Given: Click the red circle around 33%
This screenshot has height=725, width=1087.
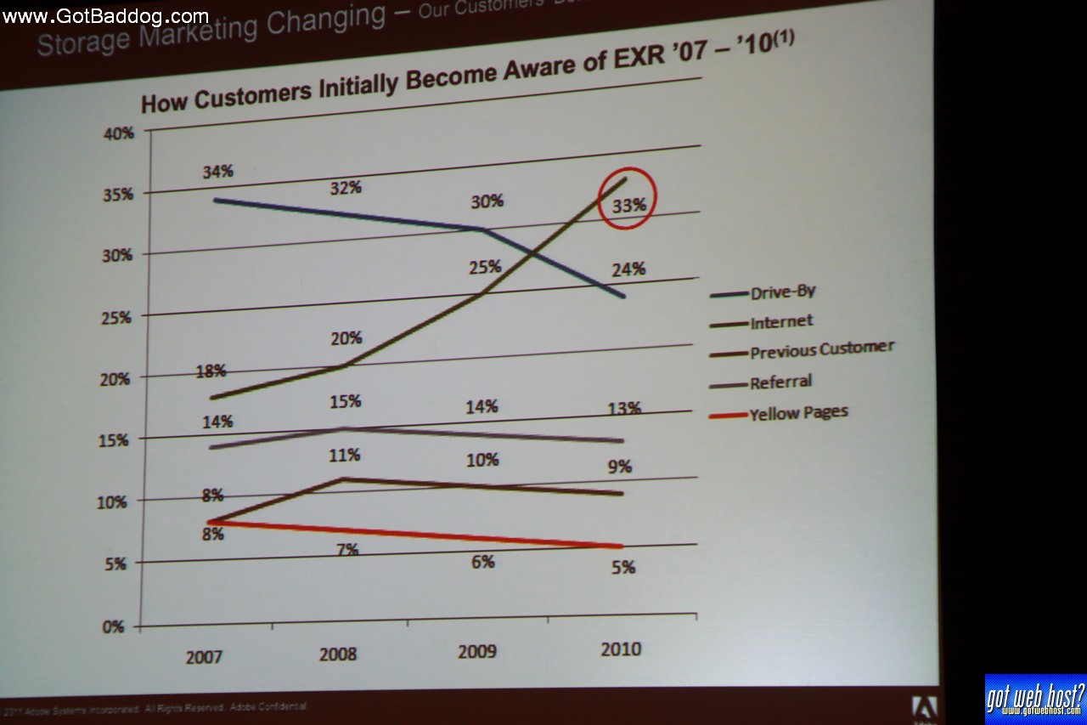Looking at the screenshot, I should point(628,198).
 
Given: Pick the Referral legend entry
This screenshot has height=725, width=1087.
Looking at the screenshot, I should point(780,382).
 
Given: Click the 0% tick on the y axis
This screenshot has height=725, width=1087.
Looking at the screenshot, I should point(114,627).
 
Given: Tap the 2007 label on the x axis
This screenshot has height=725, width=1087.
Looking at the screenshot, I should point(204,657).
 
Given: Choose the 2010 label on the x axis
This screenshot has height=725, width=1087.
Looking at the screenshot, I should point(621,650).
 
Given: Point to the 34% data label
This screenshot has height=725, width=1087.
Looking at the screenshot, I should point(217,172).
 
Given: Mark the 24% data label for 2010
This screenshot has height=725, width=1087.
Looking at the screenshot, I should point(628,269).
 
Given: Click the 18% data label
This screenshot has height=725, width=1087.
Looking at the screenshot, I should point(210,371).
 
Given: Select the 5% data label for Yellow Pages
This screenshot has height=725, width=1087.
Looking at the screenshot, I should point(622,567).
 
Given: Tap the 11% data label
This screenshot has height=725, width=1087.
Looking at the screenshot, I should point(346,456).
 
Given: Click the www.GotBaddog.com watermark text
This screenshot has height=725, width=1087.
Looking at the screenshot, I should point(106,16).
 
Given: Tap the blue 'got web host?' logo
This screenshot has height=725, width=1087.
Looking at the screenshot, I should point(1035,699).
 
